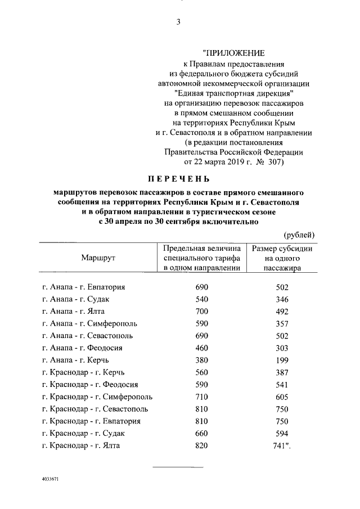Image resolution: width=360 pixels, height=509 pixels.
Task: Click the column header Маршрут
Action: click(x=97, y=258)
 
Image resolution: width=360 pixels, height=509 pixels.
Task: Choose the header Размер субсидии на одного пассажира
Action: click(x=282, y=258)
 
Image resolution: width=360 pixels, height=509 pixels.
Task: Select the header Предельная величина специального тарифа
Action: click(x=202, y=258)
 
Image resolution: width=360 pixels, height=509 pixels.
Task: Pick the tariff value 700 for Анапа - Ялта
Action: click(x=201, y=312)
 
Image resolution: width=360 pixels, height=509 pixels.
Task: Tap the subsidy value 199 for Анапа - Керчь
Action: click(x=282, y=361)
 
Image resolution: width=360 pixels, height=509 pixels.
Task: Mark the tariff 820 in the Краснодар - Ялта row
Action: click(x=201, y=445)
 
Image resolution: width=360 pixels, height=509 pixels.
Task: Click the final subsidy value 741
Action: click(x=282, y=445)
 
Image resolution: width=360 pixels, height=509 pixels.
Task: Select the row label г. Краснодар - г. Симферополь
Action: click(x=97, y=397)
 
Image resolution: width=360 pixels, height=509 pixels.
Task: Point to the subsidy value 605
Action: click(x=282, y=397)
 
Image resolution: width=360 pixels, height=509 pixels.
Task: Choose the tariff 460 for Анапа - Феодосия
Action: click(x=201, y=348)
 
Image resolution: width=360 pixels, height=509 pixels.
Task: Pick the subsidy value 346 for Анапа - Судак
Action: click(x=282, y=299)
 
